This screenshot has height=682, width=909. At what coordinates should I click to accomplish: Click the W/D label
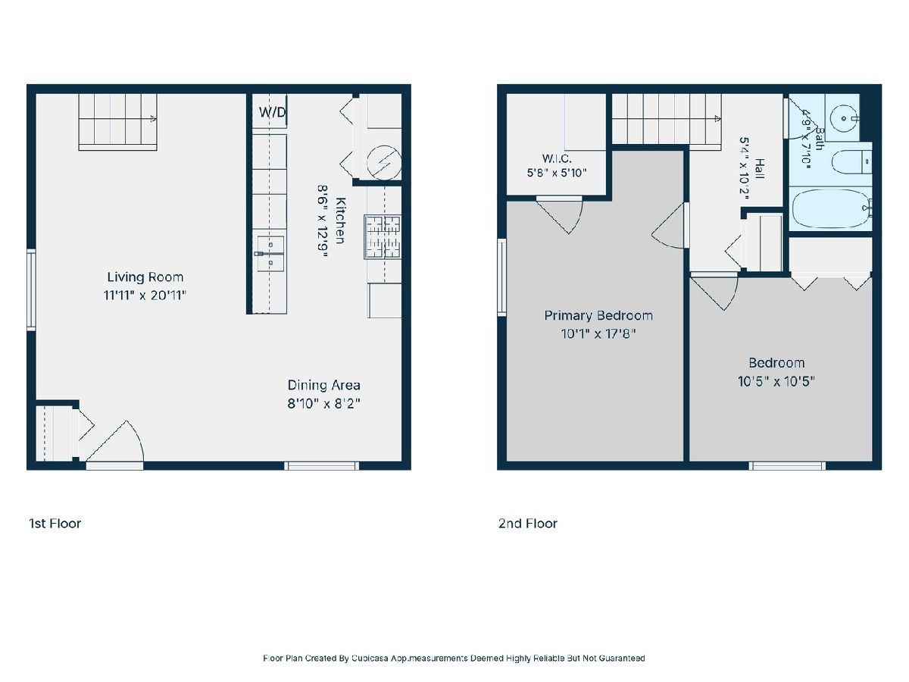pyautogui.click(x=273, y=112)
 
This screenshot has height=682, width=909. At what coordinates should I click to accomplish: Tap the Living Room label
pyautogui.click(x=145, y=277)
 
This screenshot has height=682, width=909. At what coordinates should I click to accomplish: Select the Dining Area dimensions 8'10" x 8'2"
pyautogui.click(x=324, y=403)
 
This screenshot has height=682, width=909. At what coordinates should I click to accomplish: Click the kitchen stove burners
pyautogui.click(x=383, y=237)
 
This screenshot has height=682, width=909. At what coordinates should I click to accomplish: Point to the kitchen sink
pyautogui.click(x=270, y=253)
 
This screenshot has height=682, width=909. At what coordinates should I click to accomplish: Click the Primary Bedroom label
pyautogui.click(x=598, y=316)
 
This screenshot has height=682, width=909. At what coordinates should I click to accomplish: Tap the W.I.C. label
pyautogui.click(x=557, y=158)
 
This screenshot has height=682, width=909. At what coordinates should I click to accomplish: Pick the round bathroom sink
pyautogui.click(x=845, y=118)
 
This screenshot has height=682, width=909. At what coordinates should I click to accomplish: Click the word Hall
pyautogui.click(x=760, y=168)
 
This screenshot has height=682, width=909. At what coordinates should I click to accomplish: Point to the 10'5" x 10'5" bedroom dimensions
pyautogui.click(x=776, y=381)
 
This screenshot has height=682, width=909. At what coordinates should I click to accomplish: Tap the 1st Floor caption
pyautogui.click(x=55, y=524)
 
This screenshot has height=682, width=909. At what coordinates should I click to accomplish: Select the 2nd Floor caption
pyautogui.click(x=527, y=524)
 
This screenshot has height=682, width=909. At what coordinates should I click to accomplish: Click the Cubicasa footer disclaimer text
pyautogui.click(x=454, y=658)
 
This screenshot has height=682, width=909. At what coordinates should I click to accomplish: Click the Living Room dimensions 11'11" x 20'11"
pyautogui.click(x=145, y=296)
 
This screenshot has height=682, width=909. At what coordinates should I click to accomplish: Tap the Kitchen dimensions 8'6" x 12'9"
pyautogui.click(x=323, y=221)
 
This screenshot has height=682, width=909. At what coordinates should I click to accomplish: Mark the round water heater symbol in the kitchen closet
pyautogui.click(x=384, y=162)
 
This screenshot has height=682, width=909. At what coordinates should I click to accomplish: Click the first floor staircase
pyautogui.click(x=117, y=122)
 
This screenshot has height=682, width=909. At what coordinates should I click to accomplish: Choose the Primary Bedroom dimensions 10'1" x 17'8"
pyautogui.click(x=598, y=333)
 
